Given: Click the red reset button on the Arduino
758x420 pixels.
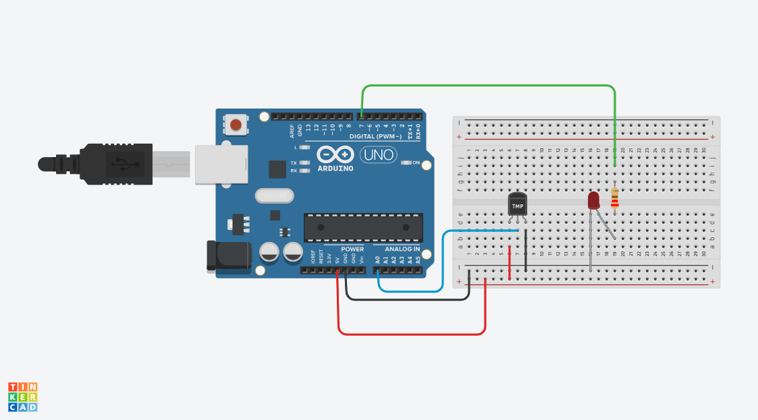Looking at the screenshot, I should coord(236,125).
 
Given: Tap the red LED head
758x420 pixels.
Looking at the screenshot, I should coord(593,200).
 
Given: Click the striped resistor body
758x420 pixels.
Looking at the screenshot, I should coord(614,199).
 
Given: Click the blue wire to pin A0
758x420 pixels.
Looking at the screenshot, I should coord(412,291).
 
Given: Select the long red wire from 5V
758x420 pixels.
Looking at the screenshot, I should coord(412,334).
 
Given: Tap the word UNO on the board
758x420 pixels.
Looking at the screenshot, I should coord(377,155).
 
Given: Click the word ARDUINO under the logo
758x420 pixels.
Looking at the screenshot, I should coord(335,168).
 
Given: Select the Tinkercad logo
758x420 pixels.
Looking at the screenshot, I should coord(22,397).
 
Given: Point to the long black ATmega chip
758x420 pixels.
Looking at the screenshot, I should coord(363,227).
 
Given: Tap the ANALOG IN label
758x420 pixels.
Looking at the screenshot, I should coord(397,249).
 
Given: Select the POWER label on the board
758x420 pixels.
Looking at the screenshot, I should coord(352,249).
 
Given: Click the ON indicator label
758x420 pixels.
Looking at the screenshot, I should coord(416,163).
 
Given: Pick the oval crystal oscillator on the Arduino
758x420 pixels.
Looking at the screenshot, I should coord(275,196).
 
